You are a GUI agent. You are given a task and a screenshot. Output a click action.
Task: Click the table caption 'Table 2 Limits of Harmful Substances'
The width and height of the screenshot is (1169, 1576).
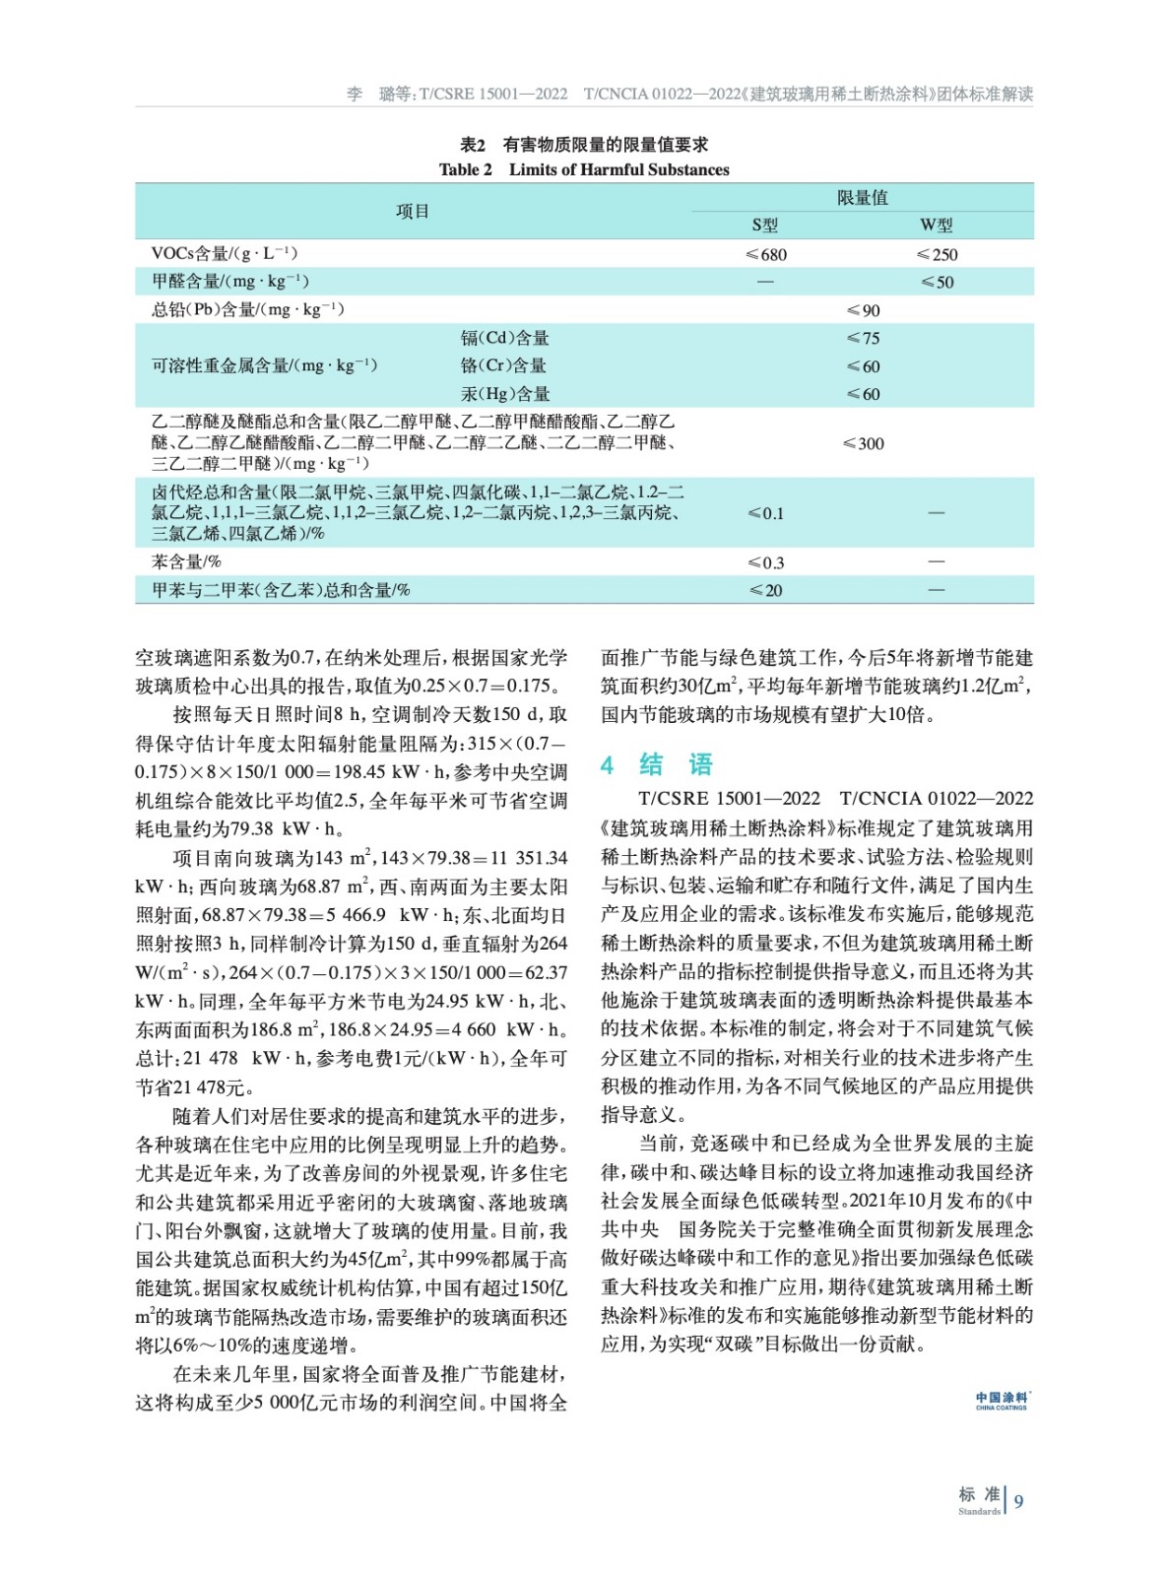[584, 169]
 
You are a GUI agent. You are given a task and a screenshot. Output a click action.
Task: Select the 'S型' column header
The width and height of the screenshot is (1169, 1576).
[765, 226]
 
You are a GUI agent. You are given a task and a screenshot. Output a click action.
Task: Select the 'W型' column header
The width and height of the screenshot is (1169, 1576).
[937, 226]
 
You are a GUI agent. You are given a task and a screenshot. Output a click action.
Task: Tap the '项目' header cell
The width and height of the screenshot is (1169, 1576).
[413, 211]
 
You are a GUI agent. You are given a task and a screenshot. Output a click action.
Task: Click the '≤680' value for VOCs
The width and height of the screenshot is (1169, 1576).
[766, 254]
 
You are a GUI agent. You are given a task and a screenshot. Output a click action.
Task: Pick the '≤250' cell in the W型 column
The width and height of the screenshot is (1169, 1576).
[937, 254]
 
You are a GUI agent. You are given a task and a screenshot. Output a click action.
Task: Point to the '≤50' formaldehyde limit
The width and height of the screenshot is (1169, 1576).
[937, 282]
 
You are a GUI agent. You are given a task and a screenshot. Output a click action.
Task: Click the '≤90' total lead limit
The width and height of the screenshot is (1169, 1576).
[863, 310]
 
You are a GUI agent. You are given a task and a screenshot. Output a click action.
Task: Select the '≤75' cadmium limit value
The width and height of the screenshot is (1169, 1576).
[863, 338]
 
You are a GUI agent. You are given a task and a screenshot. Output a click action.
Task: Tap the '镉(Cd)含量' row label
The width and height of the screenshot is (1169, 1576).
[505, 338]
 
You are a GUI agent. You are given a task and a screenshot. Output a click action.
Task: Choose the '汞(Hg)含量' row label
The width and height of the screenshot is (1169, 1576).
[505, 394]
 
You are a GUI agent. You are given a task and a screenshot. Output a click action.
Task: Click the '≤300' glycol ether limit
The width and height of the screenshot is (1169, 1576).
[863, 443]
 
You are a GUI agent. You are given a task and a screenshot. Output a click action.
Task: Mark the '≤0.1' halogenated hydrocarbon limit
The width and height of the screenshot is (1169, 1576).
[766, 513]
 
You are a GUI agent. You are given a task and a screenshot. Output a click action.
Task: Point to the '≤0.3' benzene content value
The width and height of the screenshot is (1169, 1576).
[766, 562]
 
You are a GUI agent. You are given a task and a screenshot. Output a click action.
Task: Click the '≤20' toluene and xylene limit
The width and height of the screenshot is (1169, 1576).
[766, 590]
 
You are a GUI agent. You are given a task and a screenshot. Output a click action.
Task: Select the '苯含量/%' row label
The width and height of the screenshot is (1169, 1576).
[186, 561]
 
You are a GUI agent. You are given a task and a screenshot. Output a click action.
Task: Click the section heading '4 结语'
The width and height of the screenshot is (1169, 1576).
[657, 764]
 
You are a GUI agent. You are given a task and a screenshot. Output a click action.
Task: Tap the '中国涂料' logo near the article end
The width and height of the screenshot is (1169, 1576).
[1002, 1400]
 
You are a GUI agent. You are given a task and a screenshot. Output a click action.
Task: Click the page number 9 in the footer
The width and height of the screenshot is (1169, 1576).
[1019, 1501]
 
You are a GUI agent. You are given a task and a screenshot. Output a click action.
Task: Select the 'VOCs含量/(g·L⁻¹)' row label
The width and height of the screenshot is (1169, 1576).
[225, 253]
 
